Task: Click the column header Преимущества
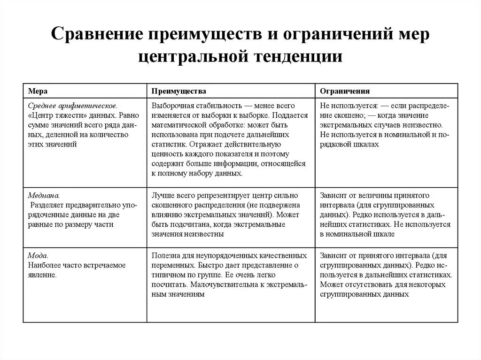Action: pyautogui.click(x=178, y=91)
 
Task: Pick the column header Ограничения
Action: pyautogui.click(x=345, y=91)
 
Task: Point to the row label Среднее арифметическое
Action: pyautogui.click(x=72, y=106)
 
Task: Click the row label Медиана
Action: pyautogui.click(x=44, y=195)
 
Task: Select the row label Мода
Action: pyautogui.click(x=38, y=255)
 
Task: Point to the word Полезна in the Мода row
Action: pyautogui.click(x=164, y=255)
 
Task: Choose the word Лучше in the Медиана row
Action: pyautogui.click(x=162, y=195)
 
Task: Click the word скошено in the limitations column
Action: pyautogui.click(x=337, y=115)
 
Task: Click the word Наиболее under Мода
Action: pyautogui.click(x=44, y=265)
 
